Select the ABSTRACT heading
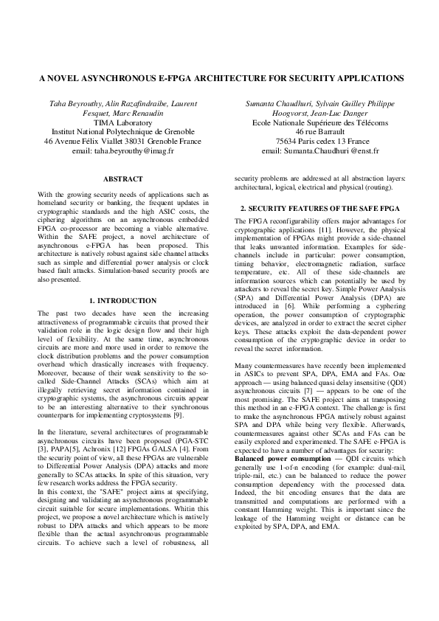pyautogui.click(x=122, y=179)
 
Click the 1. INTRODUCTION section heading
pyautogui.click(x=122, y=301)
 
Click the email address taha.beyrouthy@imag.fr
pyautogui.click(x=122, y=150)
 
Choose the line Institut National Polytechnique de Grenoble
pyautogui.click(x=122, y=132)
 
